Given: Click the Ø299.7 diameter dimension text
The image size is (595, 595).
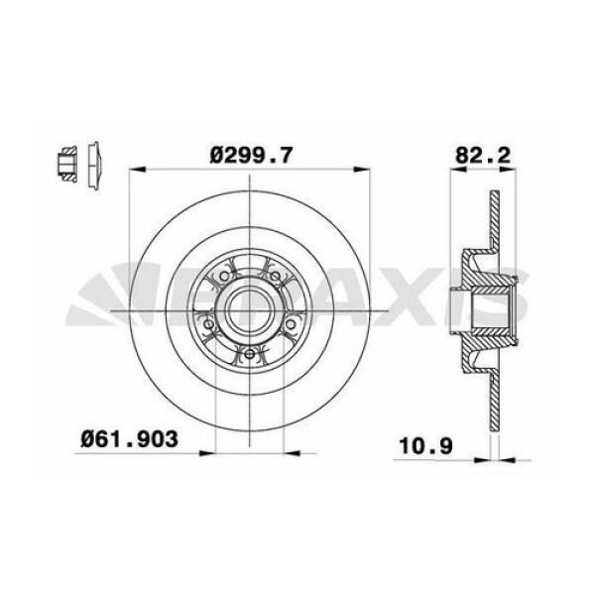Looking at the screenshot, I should (x=252, y=154).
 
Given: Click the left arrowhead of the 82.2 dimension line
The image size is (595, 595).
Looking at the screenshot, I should (x=453, y=171).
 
